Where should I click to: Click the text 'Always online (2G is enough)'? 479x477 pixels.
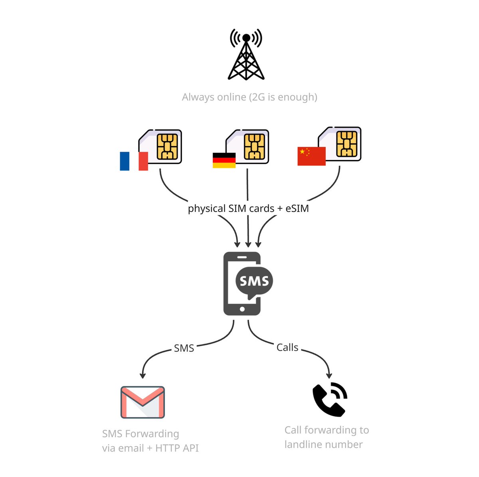[249, 97]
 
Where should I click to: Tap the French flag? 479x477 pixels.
[134, 161]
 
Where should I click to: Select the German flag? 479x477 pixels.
[224, 160]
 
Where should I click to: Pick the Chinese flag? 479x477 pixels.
[311, 156]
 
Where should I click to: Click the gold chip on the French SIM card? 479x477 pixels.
[167, 146]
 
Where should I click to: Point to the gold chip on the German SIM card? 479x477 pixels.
[254, 146]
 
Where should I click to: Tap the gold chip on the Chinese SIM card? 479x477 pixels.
[346, 144]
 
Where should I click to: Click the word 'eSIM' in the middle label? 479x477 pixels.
[297, 208]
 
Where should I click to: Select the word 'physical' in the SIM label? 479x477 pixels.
[206, 209]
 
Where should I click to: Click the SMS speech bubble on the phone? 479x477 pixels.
[254, 281]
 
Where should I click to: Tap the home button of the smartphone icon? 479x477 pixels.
[242, 309]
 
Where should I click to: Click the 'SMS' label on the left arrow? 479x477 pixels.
[184, 348]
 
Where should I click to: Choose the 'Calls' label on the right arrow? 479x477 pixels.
[287, 347]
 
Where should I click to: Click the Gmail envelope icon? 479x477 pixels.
[143, 402]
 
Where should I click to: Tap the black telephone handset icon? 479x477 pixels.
[328, 400]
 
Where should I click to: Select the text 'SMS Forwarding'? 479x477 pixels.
[141, 433]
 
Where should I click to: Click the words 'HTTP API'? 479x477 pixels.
[177, 448]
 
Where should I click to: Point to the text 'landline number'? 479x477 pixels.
[323, 444]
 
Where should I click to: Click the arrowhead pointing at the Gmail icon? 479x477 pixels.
[143, 375]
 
